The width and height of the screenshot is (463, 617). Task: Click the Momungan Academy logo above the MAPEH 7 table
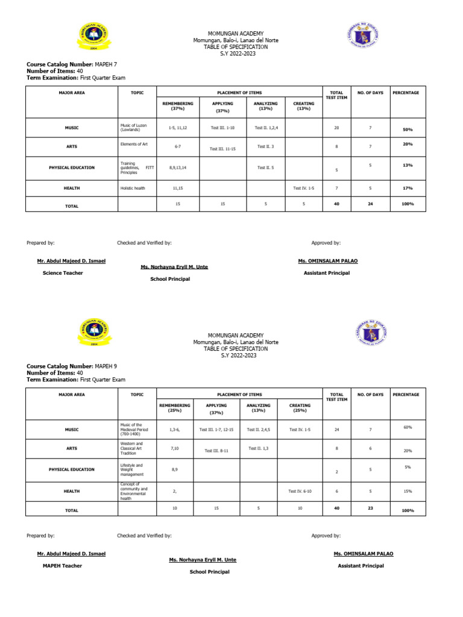point(92,40)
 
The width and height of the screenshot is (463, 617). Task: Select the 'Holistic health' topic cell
point(133,188)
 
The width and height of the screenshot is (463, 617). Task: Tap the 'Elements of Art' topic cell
point(135,145)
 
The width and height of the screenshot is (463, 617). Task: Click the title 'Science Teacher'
point(63,273)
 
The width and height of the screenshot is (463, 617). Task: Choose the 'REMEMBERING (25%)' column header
point(174,408)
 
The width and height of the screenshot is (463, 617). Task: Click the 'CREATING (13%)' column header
point(303,106)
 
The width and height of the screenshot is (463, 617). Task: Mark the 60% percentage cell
point(408,427)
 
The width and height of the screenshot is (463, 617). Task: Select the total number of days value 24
point(370,204)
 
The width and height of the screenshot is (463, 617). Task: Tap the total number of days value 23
point(370,509)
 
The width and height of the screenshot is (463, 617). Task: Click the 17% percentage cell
point(408,189)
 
